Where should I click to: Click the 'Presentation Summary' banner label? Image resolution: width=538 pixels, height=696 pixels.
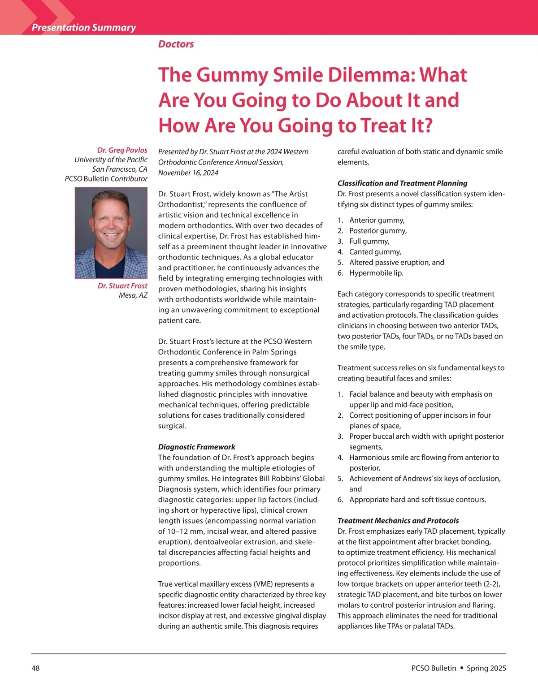click(83, 27)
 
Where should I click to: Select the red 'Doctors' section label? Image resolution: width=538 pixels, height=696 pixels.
click(176, 44)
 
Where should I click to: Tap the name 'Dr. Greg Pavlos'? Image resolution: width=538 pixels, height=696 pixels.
click(122, 150)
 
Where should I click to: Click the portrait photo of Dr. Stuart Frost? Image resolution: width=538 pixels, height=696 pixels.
click(111, 233)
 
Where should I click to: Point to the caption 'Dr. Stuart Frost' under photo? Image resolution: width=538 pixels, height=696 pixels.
click(122, 285)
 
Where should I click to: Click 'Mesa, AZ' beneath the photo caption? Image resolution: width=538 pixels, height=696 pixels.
click(133, 295)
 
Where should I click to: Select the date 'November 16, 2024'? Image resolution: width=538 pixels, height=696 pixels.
click(188, 173)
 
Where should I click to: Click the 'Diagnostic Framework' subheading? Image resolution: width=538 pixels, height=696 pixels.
click(196, 447)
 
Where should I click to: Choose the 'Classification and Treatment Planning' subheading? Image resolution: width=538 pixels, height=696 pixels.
click(402, 183)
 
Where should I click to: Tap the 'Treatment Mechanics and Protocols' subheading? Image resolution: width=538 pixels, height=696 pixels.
click(398, 521)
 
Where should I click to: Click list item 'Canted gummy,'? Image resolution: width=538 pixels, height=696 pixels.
click(375, 252)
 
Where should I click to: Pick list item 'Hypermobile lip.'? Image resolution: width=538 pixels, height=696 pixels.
click(376, 273)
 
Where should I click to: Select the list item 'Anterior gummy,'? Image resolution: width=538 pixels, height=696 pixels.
click(377, 220)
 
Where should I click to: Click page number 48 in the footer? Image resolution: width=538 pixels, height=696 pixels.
click(35, 668)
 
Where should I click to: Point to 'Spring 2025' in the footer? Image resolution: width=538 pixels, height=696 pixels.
click(486, 668)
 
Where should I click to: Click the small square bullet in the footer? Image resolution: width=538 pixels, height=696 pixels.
click(461, 668)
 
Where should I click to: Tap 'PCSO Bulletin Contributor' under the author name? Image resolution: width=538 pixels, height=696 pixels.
click(106, 178)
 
